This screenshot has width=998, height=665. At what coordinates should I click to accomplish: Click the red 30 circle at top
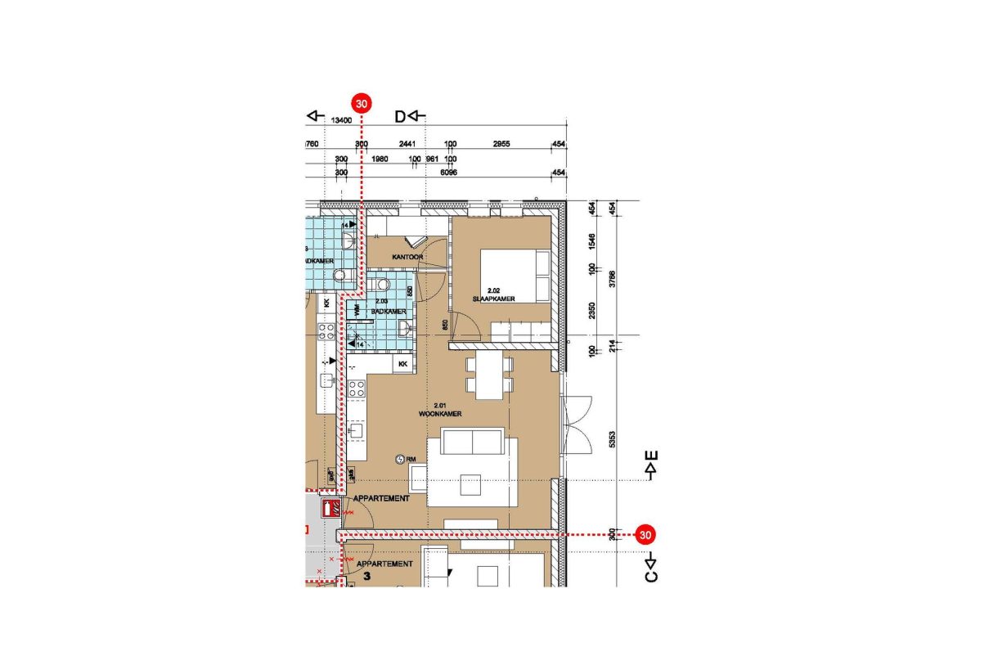(362, 104)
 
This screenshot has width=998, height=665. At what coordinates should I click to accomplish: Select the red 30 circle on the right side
(645, 535)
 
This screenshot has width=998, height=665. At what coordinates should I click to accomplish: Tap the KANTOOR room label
(407, 257)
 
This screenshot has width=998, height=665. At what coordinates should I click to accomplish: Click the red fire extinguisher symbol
(331, 509)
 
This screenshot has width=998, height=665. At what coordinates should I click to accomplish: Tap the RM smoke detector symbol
(400, 460)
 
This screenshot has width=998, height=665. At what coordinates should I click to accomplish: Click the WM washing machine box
(357, 311)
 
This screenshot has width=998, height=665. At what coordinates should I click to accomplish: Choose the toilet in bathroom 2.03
(383, 285)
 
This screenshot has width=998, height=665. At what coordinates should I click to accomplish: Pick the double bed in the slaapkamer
(515, 276)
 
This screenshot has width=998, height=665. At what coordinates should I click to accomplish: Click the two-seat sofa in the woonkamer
(472, 443)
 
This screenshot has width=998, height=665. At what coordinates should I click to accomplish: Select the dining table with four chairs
(489, 375)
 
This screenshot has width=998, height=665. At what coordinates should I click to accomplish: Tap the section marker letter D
(400, 116)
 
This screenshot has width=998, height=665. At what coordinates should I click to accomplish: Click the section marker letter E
(652, 456)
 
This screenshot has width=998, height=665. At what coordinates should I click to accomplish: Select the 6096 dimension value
(448, 173)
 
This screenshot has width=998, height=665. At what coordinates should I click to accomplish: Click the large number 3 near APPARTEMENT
(367, 577)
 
